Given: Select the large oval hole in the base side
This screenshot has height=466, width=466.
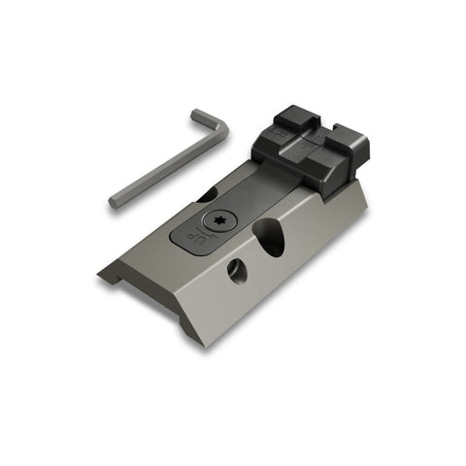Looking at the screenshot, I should pos(273,237).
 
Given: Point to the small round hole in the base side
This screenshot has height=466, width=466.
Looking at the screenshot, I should pos(237,272).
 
